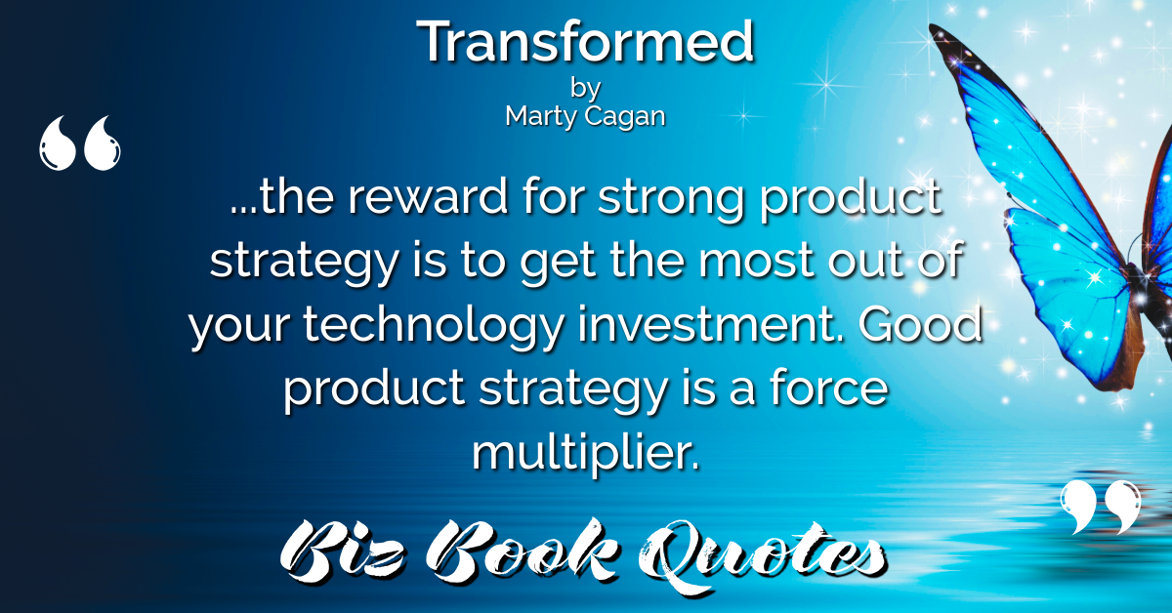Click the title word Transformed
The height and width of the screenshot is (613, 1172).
pos(585,41)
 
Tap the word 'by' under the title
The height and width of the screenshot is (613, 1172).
pos(585,89)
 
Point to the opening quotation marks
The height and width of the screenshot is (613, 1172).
pos(79,143)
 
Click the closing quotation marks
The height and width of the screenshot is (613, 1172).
pos(1101,508)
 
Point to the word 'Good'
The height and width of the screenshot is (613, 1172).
pos(920,324)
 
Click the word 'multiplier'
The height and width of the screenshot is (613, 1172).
pos(585,452)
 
